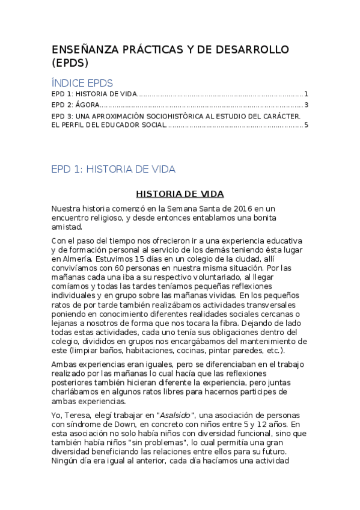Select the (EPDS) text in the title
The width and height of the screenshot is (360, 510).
point(70,63)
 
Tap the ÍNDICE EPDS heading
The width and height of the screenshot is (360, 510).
point(82,83)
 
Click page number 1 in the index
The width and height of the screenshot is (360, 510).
point(306,94)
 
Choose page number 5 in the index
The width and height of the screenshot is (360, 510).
point(306,126)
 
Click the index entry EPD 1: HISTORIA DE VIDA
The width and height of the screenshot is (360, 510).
point(94,94)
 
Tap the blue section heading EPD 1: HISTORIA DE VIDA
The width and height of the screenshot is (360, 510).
point(114,170)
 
